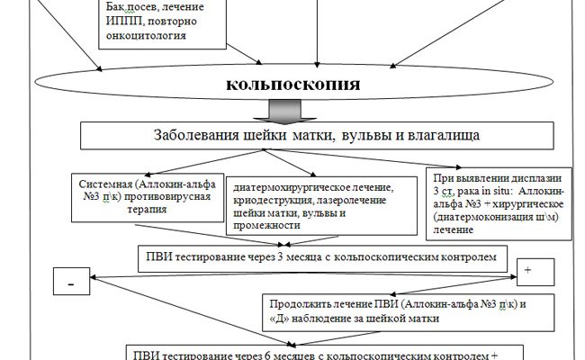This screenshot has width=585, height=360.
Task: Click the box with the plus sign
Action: tap(527, 271)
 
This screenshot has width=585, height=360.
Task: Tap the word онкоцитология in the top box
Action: tap(154, 37)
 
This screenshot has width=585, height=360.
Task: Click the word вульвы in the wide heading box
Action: tap(345, 137)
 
